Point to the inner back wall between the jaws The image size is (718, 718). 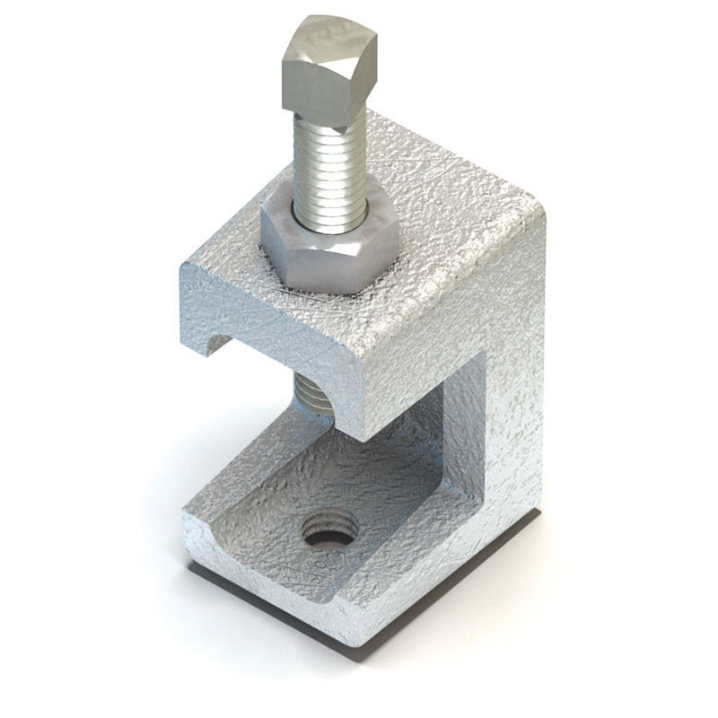pos(458,422)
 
